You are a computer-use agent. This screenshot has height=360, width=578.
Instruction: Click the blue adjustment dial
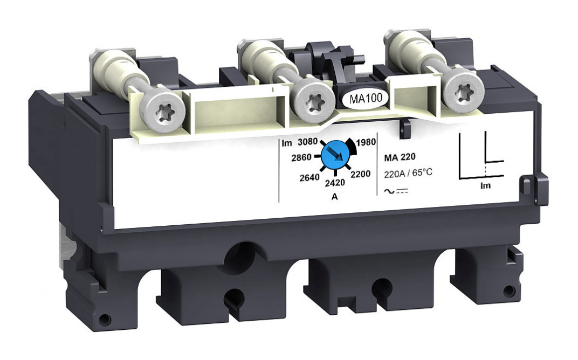[335, 156]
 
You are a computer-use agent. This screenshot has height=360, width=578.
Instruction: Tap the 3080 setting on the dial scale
[307, 142]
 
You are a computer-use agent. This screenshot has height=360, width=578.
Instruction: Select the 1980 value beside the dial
[366, 142]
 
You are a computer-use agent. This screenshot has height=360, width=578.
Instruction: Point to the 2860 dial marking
[301, 158]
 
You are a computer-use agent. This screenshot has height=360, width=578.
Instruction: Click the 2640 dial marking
[309, 178]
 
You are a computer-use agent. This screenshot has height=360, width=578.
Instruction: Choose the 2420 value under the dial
[335, 183]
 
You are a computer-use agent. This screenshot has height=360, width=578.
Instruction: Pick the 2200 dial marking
[361, 174]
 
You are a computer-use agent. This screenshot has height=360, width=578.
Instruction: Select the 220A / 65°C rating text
[408, 173]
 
